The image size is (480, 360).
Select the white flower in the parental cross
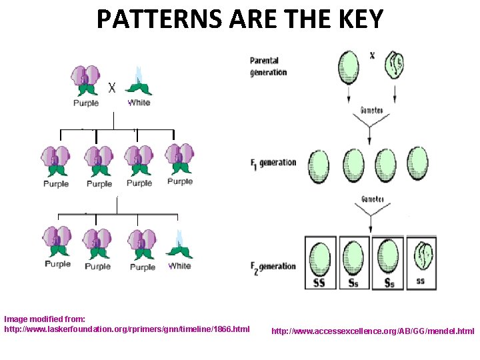(139, 82)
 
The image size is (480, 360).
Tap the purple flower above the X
(85, 81)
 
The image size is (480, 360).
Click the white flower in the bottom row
(179, 245)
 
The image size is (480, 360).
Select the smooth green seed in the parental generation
(349, 67)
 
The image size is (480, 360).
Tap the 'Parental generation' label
(269, 67)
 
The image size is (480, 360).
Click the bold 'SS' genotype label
(320, 282)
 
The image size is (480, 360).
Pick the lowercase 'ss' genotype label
(420, 281)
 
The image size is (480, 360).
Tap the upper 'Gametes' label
(372, 110)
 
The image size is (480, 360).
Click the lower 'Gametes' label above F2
(372, 199)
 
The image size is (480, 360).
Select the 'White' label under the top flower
(139, 103)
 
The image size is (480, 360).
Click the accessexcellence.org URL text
(373, 331)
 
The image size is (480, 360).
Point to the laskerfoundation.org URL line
(127, 329)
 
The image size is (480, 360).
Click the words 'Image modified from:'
(45, 319)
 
